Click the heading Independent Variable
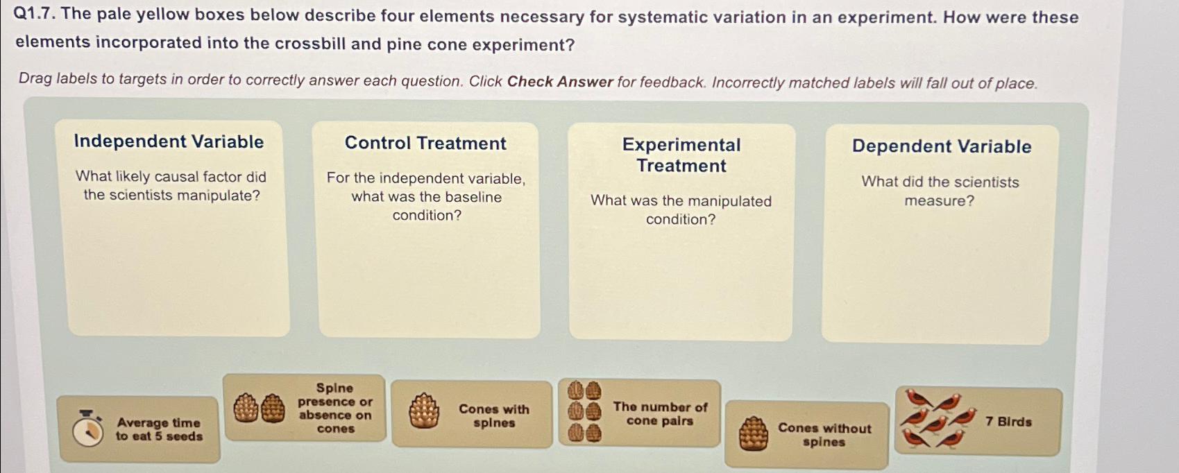coord(169,141)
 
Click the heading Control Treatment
coord(425,144)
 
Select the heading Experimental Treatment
coord(681,155)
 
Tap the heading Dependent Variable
coord(941,146)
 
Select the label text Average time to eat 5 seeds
coord(159,429)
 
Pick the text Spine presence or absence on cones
coord(335,409)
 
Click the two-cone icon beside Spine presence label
coord(259,409)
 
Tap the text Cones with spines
coord(493,416)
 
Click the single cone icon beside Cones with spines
coord(423,412)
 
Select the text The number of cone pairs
coord(660,414)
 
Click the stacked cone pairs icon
coord(584,413)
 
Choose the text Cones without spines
coord(824,435)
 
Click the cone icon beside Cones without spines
coord(753,434)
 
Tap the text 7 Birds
coord(1008,422)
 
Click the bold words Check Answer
coord(560,82)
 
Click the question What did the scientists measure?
coord(940,191)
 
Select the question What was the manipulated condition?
coord(681,210)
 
